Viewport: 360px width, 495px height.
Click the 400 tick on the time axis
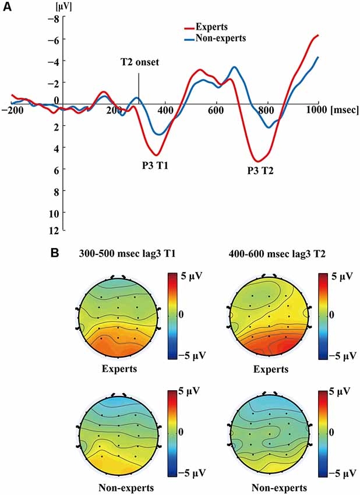[x=165, y=109]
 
